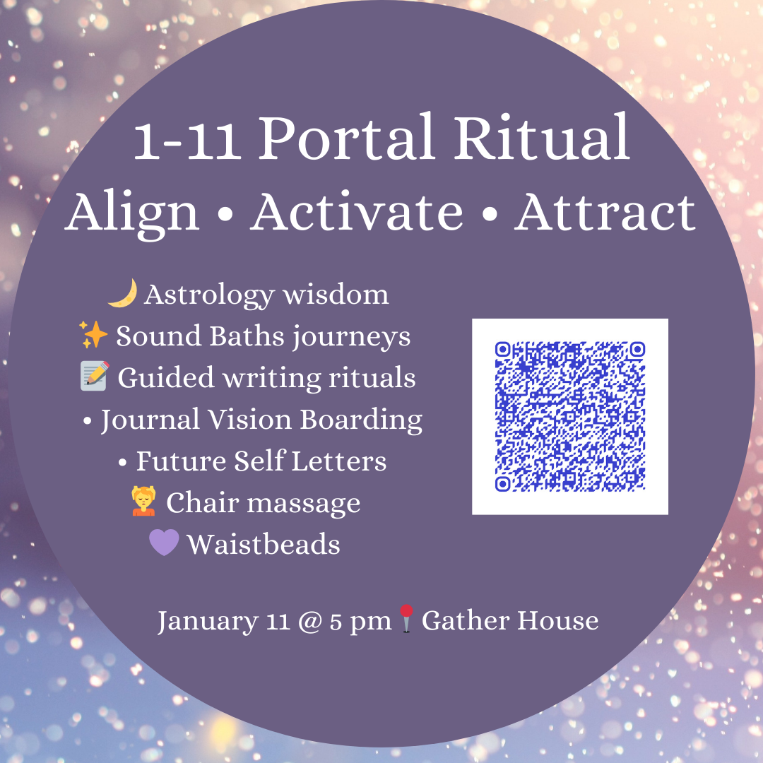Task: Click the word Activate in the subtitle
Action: [357, 211]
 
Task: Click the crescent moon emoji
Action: [122, 293]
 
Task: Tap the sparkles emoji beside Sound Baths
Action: [93, 336]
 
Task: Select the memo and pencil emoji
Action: [95, 377]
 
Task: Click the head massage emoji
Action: [143, 502]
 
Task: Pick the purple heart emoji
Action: [164, 544]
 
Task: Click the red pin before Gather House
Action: [406, 620]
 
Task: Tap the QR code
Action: [569, 416]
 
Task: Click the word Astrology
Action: [201, 295]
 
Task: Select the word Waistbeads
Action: [264, 545]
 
